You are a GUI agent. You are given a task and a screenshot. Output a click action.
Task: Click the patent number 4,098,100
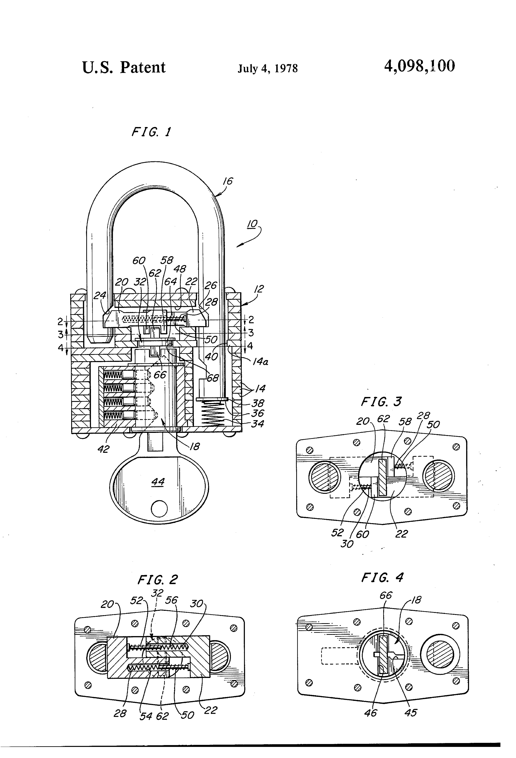coord(420,67)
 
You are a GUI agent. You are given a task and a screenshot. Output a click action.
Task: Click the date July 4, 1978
coord(268,68)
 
